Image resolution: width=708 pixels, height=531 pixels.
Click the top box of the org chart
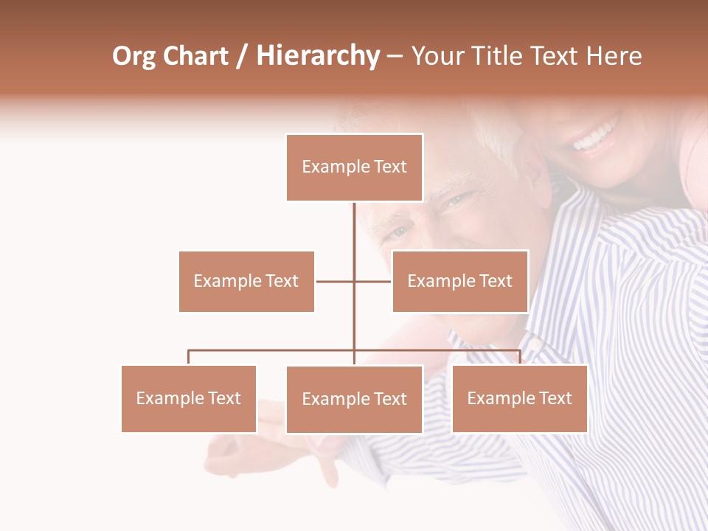click(354, 167)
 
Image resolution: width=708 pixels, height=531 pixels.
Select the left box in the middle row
click(246, 281)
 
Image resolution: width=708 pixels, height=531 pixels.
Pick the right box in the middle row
click(459, 281)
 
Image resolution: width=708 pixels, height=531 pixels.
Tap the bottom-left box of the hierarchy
click(189, 398)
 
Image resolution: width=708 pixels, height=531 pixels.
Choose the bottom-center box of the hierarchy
click(354, 399)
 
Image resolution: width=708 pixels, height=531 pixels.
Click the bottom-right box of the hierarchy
click(519, 398)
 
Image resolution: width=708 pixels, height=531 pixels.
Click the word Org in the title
click(133, 57)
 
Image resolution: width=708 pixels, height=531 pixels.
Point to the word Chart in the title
click(195, 57)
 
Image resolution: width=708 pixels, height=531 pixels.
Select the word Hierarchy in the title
click(317, 57)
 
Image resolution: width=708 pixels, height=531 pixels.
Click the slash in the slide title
click(242, 57)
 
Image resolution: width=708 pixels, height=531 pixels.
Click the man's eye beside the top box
click(457, 200)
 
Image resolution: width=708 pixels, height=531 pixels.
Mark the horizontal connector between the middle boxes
click(354, 281)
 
